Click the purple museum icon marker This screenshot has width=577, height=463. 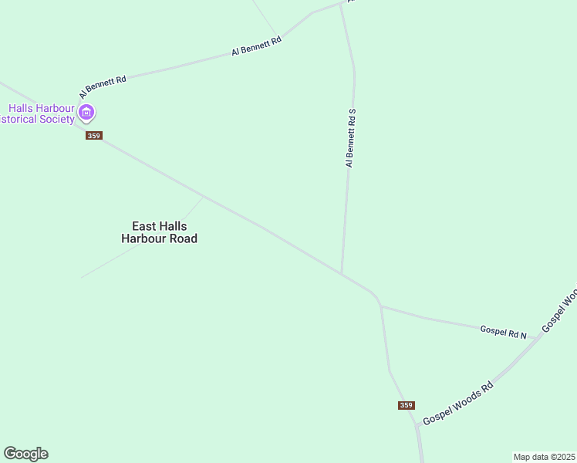pyautogui.click(x=87, y=113)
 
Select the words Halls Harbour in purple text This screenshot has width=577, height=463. pyautogui.click(x=42, y=108)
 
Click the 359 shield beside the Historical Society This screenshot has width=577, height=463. pyautogui.click(x=93, y=136)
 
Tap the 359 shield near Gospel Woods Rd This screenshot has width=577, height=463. pyautogui.click(x=407, y=405)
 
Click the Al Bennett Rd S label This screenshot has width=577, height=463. pyautogui.click(x=350, y=138)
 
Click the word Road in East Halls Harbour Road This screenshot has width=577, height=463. pyautogui.click(x=183, y=238)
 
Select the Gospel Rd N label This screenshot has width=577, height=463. pyautogui.click(x=503, y=332)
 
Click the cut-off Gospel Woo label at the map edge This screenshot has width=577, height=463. pyautogui.click(x=561, y=311)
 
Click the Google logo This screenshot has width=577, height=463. pyautogui.click(x=25, y=454)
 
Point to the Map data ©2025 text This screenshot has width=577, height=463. pyautogui.click(x=545, y=457)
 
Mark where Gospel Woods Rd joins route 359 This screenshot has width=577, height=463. pyautogui.click(x=417, y=424)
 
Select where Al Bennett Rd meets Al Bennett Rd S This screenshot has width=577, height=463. pyautogui.click(x=340, y=4)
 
